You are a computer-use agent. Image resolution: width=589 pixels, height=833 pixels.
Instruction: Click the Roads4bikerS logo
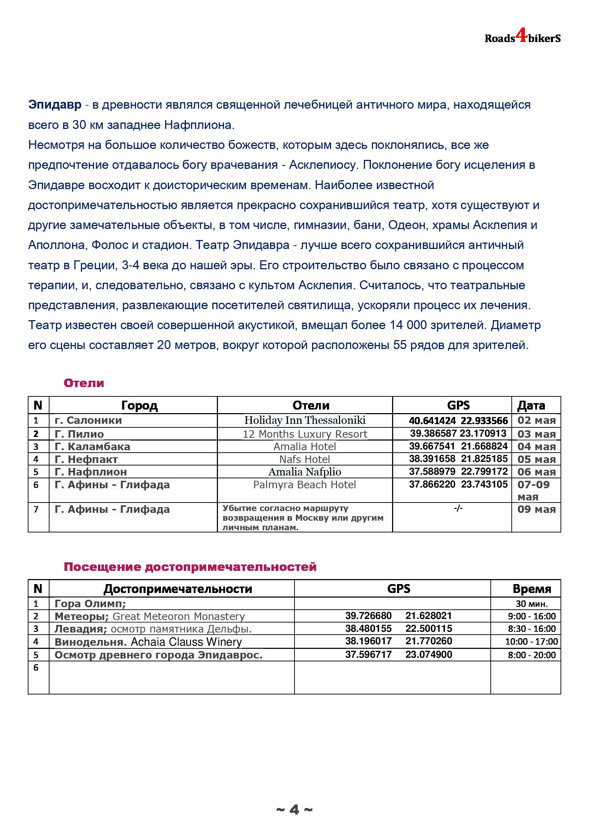tap(522, 37)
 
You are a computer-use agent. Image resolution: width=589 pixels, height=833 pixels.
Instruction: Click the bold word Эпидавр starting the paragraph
tap(55, 104)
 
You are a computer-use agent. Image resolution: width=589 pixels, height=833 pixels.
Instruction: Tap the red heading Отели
tap(84, 383)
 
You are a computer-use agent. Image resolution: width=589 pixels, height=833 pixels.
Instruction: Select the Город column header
tap(139, 405)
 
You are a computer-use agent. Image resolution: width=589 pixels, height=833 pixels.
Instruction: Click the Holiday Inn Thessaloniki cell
tap(305, 420)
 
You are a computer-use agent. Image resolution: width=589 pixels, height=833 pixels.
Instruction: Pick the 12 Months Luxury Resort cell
tap(305, 434)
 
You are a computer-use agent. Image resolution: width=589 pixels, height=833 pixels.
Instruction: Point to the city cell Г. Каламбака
tap(92, 447)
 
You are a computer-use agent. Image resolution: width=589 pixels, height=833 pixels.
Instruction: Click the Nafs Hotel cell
tap(305, 459)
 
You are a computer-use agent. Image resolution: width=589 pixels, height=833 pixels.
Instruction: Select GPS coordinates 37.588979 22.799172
tap(458, 472)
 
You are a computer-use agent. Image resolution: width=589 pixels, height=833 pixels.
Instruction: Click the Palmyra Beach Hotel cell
tap(305, 485)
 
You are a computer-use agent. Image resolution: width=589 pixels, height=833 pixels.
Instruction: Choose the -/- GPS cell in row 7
tap(458, 508)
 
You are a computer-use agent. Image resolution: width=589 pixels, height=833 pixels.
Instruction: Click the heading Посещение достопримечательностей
tap(190, 567)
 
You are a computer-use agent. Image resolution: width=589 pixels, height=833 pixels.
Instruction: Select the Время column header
tap(532, 588)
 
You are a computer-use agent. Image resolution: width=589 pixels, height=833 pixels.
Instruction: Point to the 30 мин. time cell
tap(532, 604)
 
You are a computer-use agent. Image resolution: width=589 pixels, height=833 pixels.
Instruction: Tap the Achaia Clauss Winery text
tap(186, 642)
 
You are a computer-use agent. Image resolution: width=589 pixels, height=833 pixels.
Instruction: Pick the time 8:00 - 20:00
tap(532, 655)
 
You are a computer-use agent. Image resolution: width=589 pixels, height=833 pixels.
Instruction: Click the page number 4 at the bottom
tap(294, 810)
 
